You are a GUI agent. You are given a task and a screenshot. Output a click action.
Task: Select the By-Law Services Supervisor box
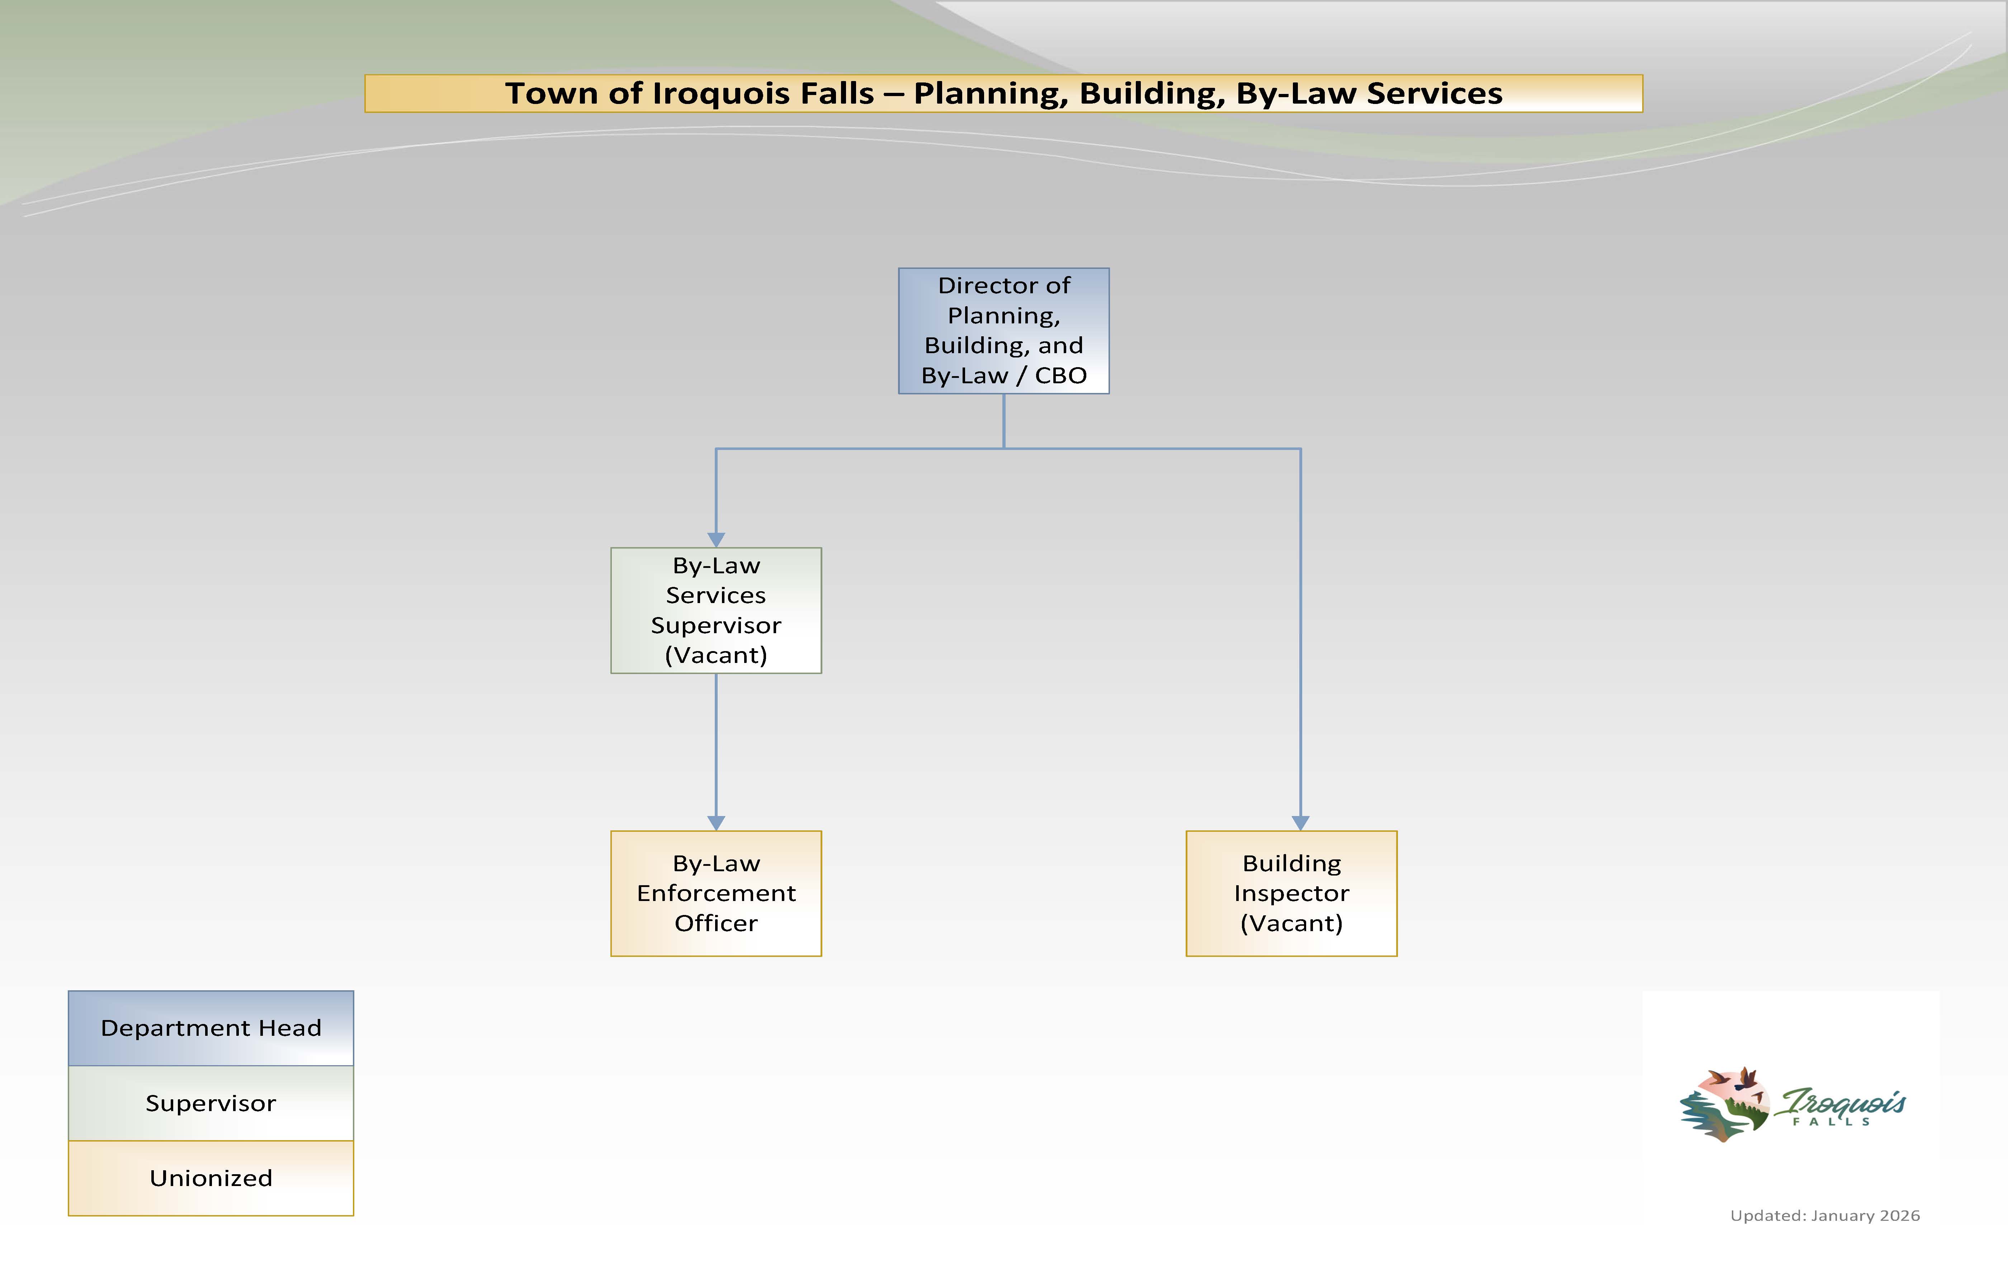click(715, 610)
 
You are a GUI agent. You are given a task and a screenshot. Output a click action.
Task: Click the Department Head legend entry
click(211, 1028)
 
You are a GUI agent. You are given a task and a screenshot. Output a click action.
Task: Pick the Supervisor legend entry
click(211, 1102)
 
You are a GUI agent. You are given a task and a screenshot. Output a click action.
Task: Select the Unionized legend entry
click(211, 1178)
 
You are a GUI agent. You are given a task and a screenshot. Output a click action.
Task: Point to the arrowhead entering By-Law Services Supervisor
click(715, 539)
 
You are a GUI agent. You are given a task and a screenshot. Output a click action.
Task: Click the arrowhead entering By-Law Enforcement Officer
click(715, 822)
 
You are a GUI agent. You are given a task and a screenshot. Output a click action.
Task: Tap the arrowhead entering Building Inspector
click(1300, 822)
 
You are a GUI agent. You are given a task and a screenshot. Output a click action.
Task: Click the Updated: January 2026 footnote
click(1824, 1215)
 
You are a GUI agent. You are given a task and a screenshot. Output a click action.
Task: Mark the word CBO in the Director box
click(1061, 375)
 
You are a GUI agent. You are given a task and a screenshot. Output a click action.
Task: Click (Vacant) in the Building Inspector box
click(1291, 923)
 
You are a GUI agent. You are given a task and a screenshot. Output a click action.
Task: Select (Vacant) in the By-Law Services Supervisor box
click(715, 655)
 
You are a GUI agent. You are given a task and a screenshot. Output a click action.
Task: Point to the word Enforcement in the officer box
click(715, 893)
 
